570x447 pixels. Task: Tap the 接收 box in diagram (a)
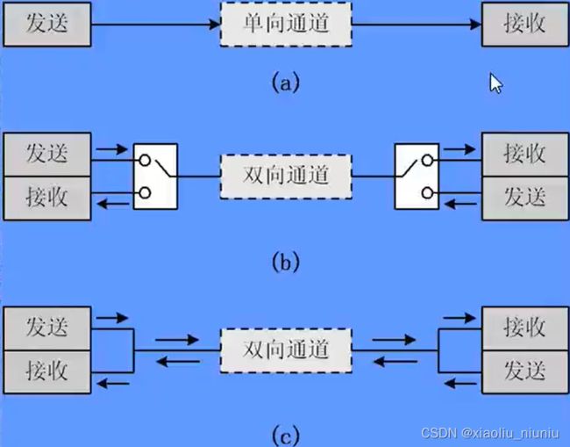(x=524, y=25)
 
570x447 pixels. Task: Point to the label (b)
(x=286, y=261)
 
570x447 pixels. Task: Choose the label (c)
(x=286, y=433)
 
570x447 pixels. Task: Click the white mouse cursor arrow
(x=496, y=83)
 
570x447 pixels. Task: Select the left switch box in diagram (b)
(x=155, y=177)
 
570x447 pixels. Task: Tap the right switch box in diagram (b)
(x=417, y=177)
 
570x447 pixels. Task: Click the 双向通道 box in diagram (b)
(x=286, y=176)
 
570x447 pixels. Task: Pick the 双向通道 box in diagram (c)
(x=286, y=349)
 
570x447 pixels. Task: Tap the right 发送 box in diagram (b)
(x=524, y=197)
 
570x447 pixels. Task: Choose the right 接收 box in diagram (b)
(x=524, y=155)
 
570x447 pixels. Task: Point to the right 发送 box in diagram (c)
(x=524, y=369)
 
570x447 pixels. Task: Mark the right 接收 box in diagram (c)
(x=524, y=328)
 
